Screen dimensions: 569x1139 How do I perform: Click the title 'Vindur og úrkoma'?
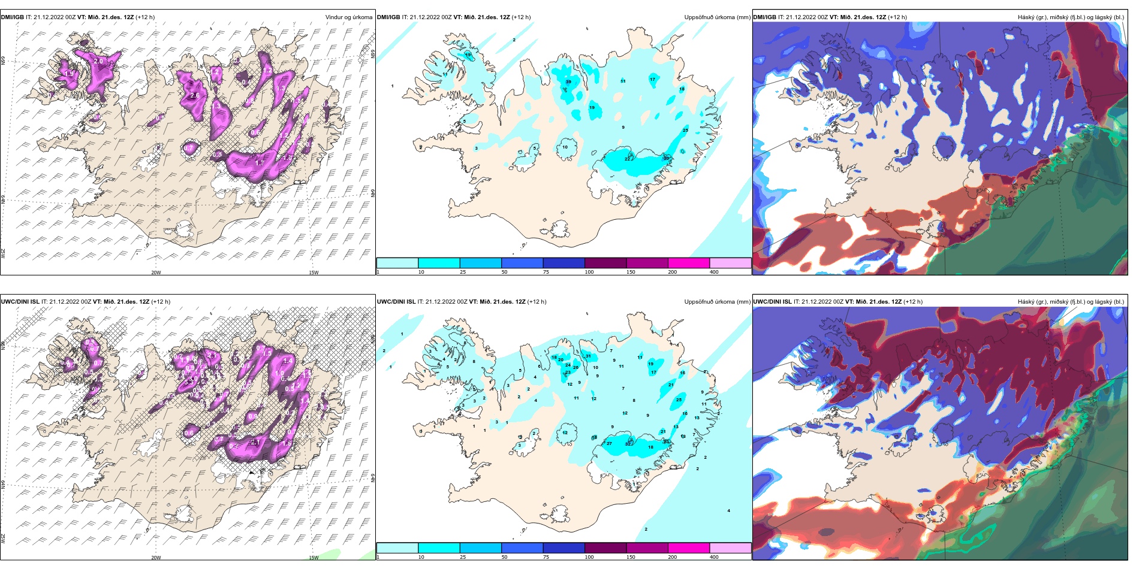(348, 17)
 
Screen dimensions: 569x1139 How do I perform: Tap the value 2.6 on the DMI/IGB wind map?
(195, 95)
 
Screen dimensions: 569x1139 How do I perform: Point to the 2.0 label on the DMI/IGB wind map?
(99, 61)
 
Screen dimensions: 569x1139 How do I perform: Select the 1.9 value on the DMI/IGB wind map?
(69, 74)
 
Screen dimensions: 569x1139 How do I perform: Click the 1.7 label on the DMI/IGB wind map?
(260, 162)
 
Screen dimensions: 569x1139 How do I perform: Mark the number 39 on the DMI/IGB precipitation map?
(568, 82)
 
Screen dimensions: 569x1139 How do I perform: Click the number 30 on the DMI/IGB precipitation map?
(666, 158)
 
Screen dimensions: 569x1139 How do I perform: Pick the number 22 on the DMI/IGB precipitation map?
(628, 159)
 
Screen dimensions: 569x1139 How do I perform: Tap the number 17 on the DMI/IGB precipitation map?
(652, 79)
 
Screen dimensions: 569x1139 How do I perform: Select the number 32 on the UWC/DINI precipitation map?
(628, 444)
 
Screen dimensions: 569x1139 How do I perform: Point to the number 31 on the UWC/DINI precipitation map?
(588, 356)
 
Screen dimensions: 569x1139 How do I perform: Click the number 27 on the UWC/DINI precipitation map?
(609, 443)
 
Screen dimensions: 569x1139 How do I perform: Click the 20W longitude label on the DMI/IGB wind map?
(156, 273)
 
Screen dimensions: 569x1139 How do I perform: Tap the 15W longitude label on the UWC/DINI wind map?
(313, 558)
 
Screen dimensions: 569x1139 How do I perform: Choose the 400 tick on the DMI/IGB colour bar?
(714, 272)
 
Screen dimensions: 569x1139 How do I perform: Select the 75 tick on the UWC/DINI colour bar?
(546, 557)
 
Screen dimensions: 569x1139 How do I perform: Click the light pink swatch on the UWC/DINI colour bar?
(730, 548)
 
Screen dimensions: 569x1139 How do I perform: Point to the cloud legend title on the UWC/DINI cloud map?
(1071, 302)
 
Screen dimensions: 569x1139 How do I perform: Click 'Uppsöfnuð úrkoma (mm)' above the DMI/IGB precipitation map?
(717, 17)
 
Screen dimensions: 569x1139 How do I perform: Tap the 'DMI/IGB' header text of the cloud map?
(764, 17)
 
